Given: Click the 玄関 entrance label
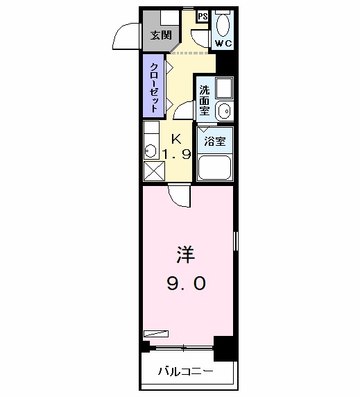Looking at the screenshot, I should [x=161, y=35].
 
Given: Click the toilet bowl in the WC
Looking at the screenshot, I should [x=223, y=24].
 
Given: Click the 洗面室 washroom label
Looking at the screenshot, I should [x=205, y=101].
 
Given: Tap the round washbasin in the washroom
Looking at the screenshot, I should [x=223, y=110].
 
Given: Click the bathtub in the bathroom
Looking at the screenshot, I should [x=215, y=167].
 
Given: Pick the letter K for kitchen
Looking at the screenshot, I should [x=176, y=137].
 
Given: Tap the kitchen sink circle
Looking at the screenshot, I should [x=151, y=149].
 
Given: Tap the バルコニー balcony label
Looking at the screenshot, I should [x=184, y=372].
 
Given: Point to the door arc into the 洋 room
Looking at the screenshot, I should [x=178, y=196].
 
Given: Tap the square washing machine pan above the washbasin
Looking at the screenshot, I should [x=223, y=88].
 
